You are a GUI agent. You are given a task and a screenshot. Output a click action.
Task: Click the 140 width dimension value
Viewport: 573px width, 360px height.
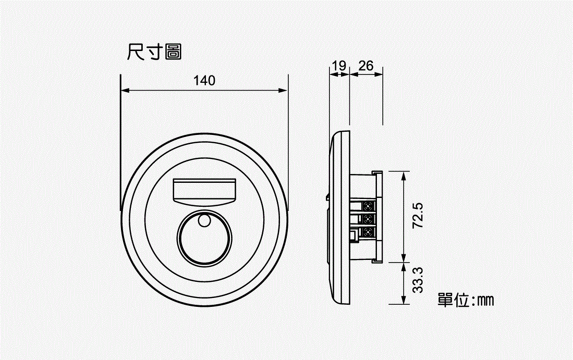click(x=204, y=80)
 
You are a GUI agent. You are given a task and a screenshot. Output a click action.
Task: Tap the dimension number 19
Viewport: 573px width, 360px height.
click(x=339, y=66)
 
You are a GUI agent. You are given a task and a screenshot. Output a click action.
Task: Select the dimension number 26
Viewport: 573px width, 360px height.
click(x=366, y=66)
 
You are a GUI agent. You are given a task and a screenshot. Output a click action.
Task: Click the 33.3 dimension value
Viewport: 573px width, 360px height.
click(x=418, y=280)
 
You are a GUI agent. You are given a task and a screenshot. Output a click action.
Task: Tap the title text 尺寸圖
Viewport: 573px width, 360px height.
click(x=154, y=52)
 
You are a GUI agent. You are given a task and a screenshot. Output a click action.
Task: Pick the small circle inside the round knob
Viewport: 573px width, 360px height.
click(x=204, y=220)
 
